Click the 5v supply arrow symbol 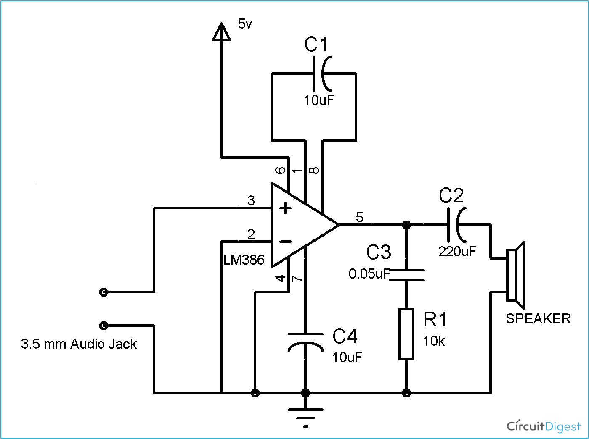tap(221, 33)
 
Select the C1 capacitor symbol tap(323, 74)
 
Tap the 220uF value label tap(457, 252)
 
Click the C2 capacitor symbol tap(456, 225)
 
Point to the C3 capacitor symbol tap(406, 275)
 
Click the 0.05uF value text tap(369, 274)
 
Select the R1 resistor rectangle tap(406, 334)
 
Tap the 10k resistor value tap(434, 341)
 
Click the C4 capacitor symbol tap(305, 342)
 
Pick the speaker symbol tap(516, 275)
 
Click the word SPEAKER tap(538, 319)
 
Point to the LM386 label tap(244, 260)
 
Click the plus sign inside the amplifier tap(286, 208)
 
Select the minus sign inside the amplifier tap(285, 241)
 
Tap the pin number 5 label tap(359, 217)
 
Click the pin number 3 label tap(251, 200)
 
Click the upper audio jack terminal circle tap(103, 292)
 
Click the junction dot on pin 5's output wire tap(406, 225)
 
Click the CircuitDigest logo tap(544, 426)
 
